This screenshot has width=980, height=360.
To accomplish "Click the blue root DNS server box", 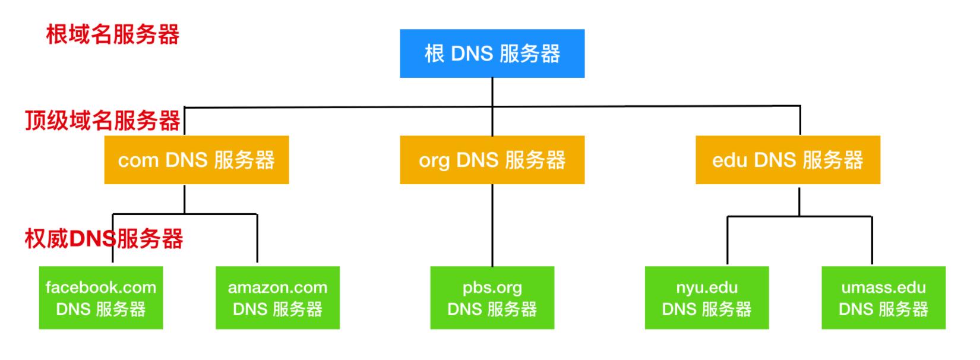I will (492, 53).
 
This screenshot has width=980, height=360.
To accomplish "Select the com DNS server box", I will (196, 160).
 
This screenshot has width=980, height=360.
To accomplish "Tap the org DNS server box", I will (492, 160).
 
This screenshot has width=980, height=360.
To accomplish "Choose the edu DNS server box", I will (788, 160).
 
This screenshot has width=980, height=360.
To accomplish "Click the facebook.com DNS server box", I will (101, 298).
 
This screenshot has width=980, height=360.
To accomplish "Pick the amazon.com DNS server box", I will (277, 298).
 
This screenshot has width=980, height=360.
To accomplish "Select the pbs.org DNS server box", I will (492, 298).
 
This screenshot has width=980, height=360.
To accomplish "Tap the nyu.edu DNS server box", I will (707, 298).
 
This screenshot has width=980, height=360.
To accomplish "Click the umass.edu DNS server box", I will (883, 298).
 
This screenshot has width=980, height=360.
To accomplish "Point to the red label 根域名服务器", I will (113, 34).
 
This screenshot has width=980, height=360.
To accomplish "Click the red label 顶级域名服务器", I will (102, 121).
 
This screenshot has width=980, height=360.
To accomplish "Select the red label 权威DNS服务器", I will (104, 239).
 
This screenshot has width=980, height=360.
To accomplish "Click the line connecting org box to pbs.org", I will (492, 226).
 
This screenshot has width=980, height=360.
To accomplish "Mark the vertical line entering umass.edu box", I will (872, 241).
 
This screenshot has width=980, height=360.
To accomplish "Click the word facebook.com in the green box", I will (101, 288).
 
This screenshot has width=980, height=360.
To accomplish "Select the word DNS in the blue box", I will (472, 54).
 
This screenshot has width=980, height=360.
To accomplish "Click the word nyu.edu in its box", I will (707, 288).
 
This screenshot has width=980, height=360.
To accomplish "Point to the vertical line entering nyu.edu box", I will (728, 241).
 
